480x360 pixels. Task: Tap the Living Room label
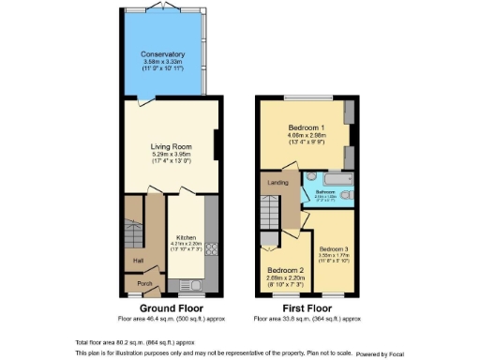click(170, 146)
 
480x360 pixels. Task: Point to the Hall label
click(138, 261)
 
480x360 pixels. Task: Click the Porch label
click(144, 283)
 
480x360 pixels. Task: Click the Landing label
click(277, 183)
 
